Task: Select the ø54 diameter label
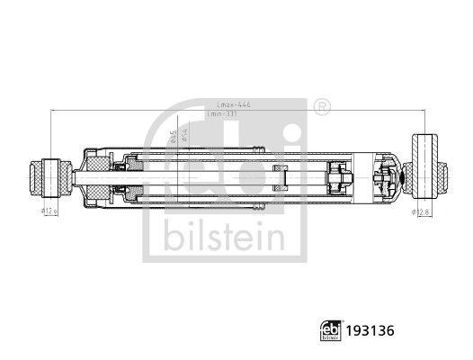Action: [x=183, y=135]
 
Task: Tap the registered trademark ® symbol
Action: [x=323, y=107]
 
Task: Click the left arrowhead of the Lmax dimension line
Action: [x=54, y=111]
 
